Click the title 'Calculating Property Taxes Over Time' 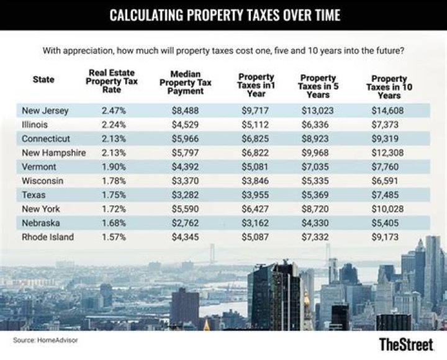point(224,15)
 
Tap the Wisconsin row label point(42,180)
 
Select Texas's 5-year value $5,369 point(318,194)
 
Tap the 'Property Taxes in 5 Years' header point(318,87)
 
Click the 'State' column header point(43,79)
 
